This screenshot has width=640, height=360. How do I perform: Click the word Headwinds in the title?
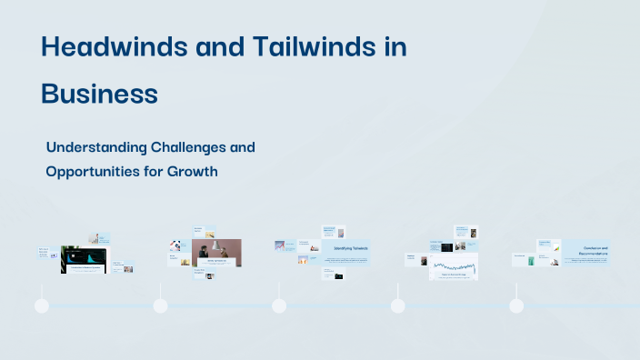tap(107, 48)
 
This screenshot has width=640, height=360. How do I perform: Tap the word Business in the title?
tap(99, 94)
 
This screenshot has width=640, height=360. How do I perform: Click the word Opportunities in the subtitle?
tap(93, 170)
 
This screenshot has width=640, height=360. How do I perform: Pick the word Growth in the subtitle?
tap(192, 170)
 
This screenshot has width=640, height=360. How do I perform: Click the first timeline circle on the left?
tap(42, 305)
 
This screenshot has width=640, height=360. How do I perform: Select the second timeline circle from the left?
tap(160, 305)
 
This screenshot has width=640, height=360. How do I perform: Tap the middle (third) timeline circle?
tap(279, 305)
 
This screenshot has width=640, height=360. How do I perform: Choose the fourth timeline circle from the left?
tap(397, 305)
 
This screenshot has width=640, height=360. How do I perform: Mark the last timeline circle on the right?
tap(516, 305)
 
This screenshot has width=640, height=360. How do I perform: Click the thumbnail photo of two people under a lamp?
tap(216, 252)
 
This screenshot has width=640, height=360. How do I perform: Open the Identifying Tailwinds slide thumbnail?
tap(345, 251)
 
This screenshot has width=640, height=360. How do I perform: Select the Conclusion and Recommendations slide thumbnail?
tap(585, 252)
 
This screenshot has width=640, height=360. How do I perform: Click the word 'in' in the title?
tap(394, 48)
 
